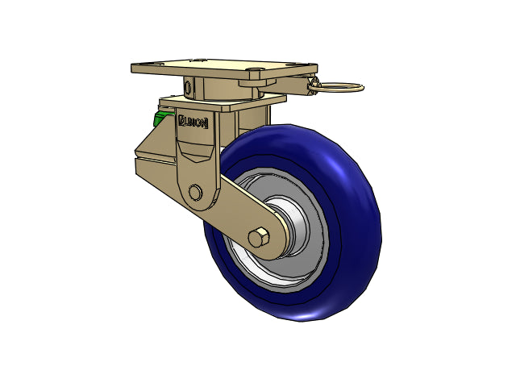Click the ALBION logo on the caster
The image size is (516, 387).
pyautogui.click(x=193, y=122)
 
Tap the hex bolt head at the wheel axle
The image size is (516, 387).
pyautogui.click(x=259, y=237)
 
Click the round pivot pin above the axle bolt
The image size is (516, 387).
pyautogui.click(x=195, y=192)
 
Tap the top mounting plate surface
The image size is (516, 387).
pyautogui.click(x=224, y=67)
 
